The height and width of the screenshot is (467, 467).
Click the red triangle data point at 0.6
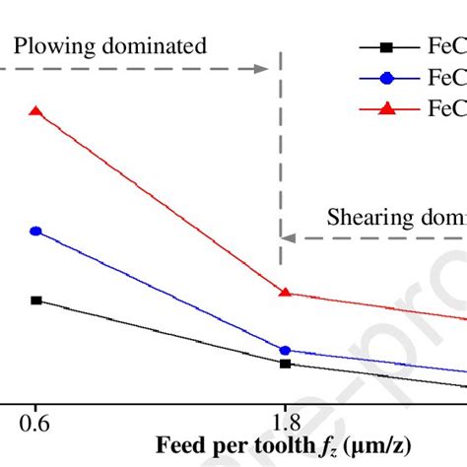[x=36, y=111]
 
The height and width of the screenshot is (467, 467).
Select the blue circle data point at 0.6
[x=36, y=232]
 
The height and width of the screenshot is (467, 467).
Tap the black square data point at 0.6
[x=36, y=300]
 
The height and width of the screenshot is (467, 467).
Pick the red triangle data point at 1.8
[x=286, y=293]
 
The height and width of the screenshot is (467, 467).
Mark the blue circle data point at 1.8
[x=286, y=350]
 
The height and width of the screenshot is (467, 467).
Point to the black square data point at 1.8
[x=286, y=364]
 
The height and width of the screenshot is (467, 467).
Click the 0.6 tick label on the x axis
[x=35, y=419]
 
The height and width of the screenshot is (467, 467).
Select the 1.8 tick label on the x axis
[x=284, y=419]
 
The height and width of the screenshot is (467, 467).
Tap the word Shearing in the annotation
[x=364, y=216]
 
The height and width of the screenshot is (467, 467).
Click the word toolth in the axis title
[x=263, y=444]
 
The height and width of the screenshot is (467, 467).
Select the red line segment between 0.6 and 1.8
[x=161, y=202]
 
